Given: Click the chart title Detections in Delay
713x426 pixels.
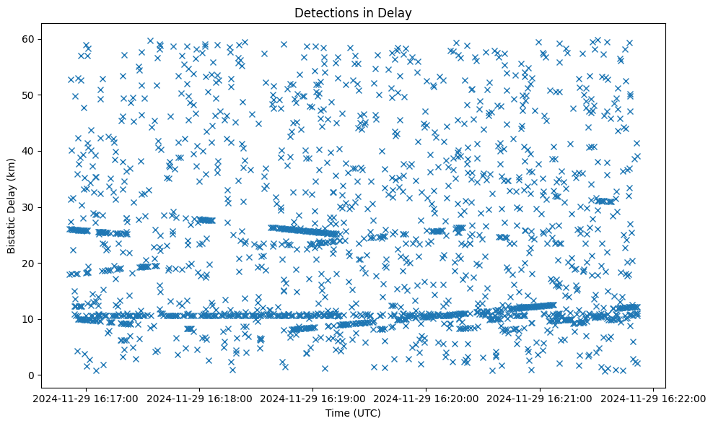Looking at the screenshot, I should (x=353, y=12).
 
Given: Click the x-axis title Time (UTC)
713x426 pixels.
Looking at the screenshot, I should (x=353, y=414).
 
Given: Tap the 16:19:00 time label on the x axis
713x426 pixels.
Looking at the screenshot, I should (x=313, y=398).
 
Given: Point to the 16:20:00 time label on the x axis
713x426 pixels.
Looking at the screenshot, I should (x=427, y=398).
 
